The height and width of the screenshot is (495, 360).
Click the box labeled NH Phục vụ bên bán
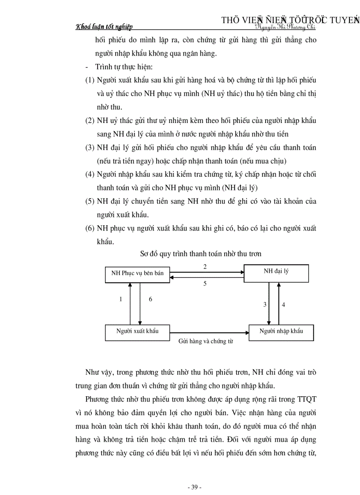(x=137, y=273)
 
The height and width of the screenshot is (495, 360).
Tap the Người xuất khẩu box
(x=137, y=331)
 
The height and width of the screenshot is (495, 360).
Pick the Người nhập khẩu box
(x=281, y=331)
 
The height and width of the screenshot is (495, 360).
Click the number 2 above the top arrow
(x=205, y=267)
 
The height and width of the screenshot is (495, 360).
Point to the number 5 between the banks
(x=205, y=284)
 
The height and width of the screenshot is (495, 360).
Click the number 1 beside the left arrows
(x=120, y=299)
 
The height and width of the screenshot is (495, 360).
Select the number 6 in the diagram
(x=150, y=299)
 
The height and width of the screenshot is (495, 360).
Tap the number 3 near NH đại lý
(x=265, y=304)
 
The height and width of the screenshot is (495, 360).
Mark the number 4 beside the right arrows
(x=283, y=304)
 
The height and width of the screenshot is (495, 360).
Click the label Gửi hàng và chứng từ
(x=206, y=341)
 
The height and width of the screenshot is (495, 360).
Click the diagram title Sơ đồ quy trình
(x=200, y=254)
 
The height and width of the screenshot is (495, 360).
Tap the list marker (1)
(x=90, y=81)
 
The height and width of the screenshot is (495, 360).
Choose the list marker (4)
(x=90, y=174)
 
